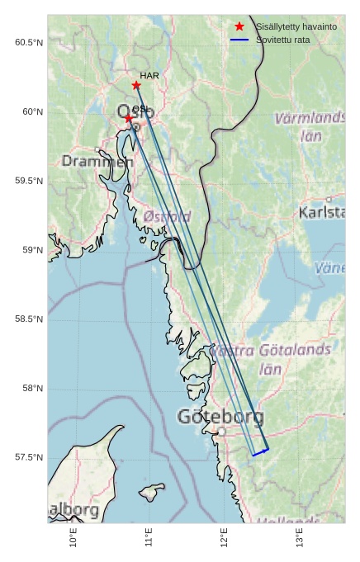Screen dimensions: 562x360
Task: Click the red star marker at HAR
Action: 136,85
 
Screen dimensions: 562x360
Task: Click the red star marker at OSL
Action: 129,118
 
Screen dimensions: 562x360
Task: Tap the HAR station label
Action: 149,75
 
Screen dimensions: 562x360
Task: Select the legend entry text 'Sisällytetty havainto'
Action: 296,26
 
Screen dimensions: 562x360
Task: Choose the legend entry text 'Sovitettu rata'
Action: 282,39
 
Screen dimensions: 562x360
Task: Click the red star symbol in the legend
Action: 239,26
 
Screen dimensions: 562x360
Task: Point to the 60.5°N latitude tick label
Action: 28,42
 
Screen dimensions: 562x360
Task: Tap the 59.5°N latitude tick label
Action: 28,181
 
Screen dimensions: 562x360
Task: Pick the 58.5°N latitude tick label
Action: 28,319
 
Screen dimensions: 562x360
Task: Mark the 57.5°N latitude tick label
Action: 28,457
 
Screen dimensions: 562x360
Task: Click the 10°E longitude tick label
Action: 74,538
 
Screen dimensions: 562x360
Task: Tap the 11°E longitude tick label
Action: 149,538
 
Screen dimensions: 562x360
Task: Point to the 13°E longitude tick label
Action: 300,538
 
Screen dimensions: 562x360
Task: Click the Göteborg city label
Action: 220,417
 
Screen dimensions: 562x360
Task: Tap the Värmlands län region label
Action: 310,127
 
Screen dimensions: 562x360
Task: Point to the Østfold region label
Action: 168,216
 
